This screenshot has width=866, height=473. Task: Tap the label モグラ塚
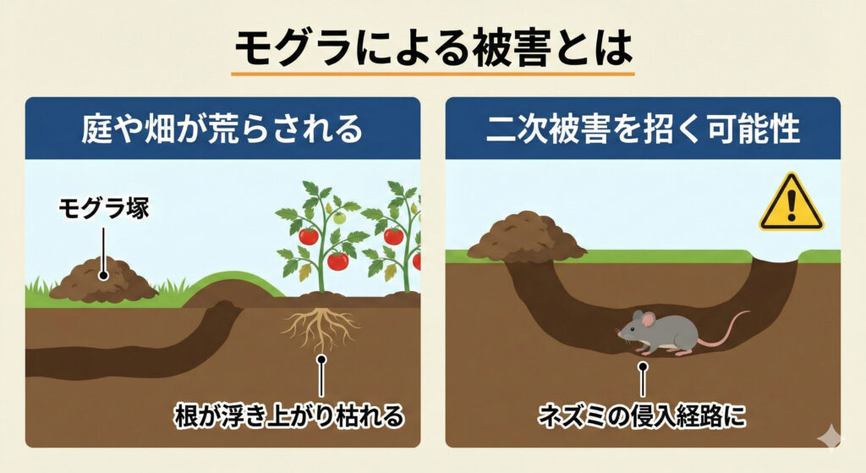(103, 208)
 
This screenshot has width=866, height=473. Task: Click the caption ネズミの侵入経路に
(643, 416)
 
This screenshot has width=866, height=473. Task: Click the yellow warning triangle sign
(791, 204)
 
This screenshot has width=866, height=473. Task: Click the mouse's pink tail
(727, 330)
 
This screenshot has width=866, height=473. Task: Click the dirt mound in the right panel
(526, 236)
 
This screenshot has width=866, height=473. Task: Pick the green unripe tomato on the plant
(338, 218)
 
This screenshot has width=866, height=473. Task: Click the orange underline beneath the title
(433, 74)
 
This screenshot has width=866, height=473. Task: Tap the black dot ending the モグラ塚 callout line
(103, 275)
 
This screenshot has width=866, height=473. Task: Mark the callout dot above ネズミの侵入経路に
(643, 368)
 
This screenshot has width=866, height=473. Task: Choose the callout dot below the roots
(321, 359)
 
